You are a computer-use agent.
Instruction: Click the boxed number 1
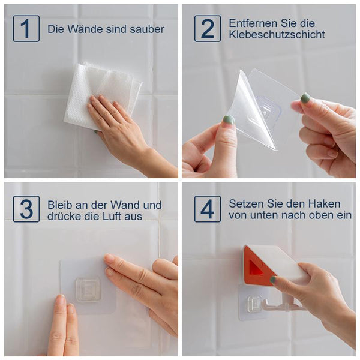[26, 28]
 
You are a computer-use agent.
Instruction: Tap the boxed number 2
[208, 28]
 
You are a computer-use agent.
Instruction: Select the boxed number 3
[26, 209]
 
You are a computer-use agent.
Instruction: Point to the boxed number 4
[208, 209]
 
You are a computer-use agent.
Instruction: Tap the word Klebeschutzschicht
[277, 35]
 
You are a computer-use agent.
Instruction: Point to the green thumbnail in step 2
[229, 121]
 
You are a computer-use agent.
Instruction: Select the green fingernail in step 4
[273, 280]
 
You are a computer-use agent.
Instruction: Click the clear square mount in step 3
[88, 290]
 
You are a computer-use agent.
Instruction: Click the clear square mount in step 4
[254, 305]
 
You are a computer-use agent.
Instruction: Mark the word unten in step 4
[265, 215]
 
